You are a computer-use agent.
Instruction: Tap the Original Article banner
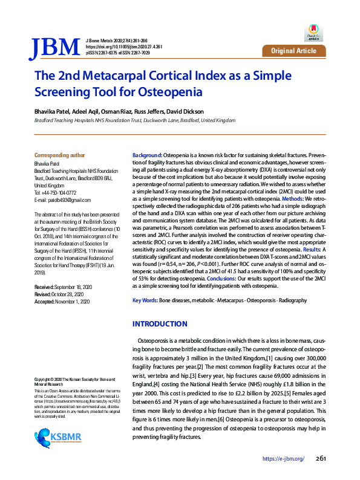[293, 51]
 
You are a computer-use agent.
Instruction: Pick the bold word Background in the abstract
[147, 156]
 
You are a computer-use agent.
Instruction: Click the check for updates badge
[313, 30]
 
